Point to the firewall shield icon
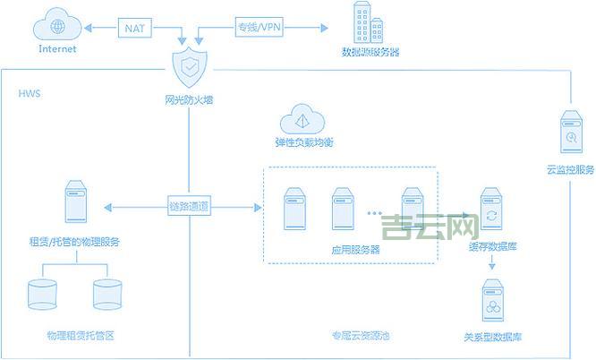click(x=190, y=66)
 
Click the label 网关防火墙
click(x=190, y=99)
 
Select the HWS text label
click(x=30, y=93)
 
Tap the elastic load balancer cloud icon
click(x=304, y=120)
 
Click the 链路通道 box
click(x=190, y=207)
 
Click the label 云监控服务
click(x=570, y=170)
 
